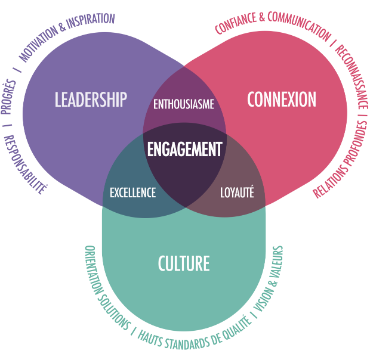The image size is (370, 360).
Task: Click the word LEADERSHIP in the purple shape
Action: click(x=91, y=100)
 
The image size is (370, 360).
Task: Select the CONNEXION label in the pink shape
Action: click(x=282, y=100)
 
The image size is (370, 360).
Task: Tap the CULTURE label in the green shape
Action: click(x=184, y=263)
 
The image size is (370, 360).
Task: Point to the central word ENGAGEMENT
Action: click(x=184, y=149)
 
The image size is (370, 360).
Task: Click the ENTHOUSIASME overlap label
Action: click(x=184, y=104)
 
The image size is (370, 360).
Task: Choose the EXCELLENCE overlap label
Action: click(x=133, y=193)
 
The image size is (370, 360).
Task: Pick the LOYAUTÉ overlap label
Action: click(x=237, y=193)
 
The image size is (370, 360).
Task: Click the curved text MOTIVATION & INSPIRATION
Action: click(x=66, y=36)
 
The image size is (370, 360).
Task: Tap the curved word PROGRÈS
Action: click(x=10, y=96)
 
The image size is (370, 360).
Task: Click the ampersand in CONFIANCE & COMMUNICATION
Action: click(x=261, y=18)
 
